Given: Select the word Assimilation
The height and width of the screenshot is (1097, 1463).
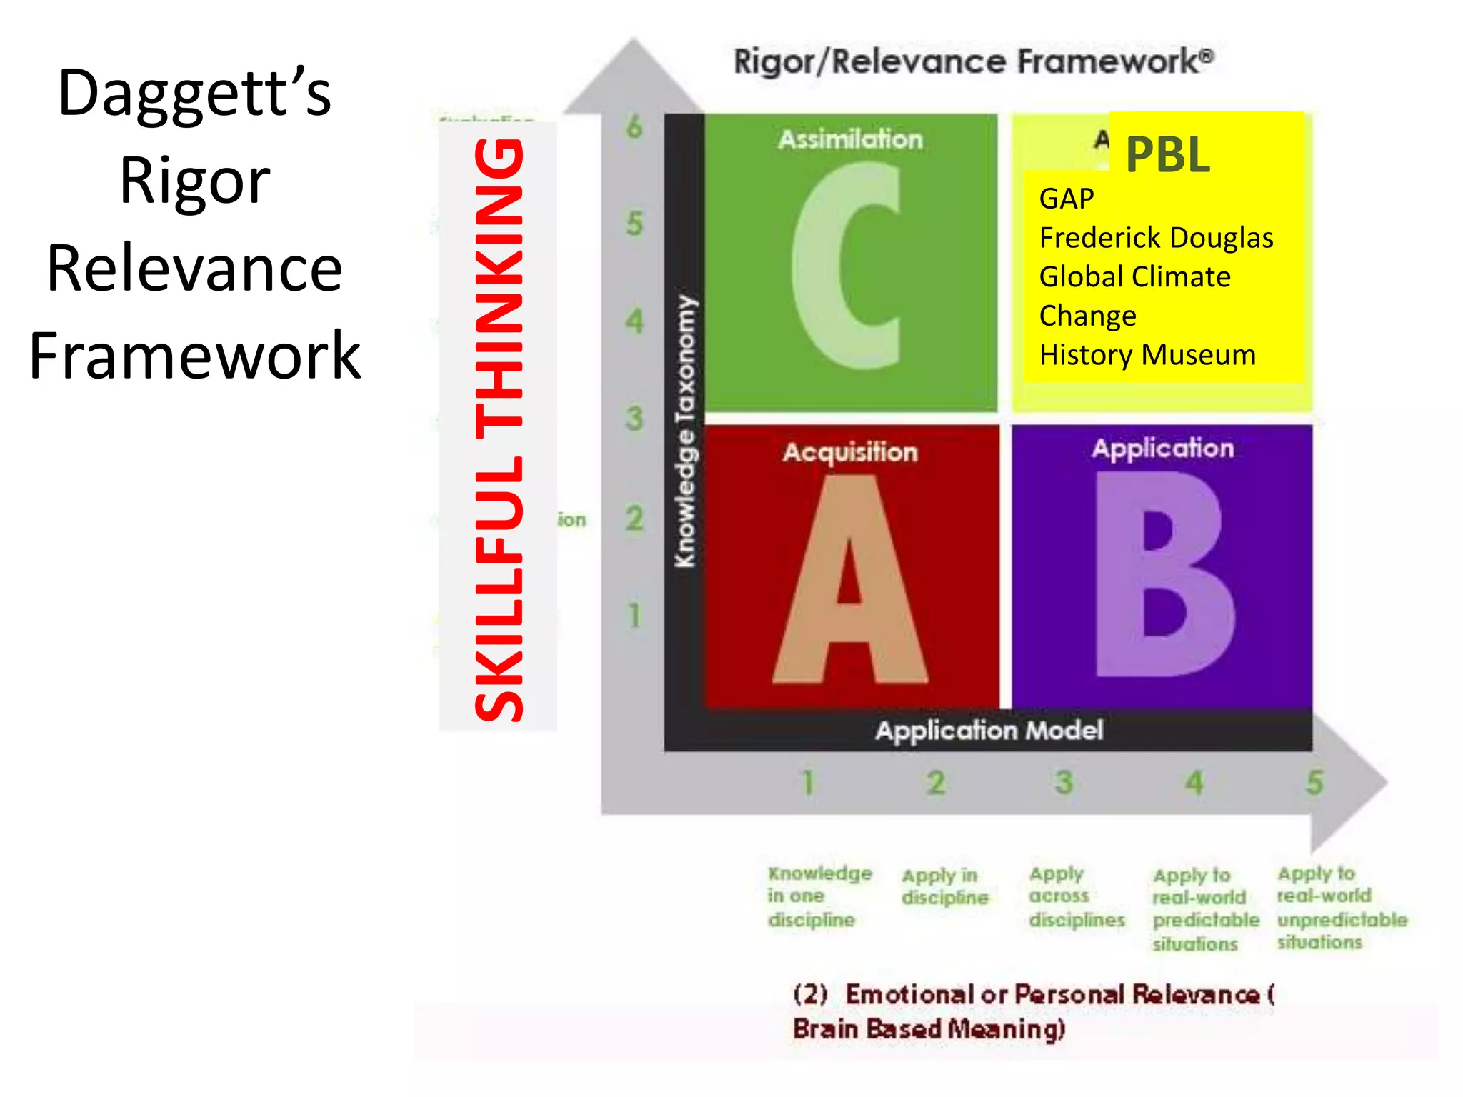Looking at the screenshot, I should coord(850,139).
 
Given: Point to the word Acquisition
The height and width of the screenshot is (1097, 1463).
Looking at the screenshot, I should coord(850,452).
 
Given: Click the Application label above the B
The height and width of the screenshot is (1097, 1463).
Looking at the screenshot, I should coord(1162,449).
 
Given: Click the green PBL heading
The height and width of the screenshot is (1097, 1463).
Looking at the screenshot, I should coord(1168,154).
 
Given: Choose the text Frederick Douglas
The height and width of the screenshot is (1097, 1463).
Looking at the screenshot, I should coord(1156,238).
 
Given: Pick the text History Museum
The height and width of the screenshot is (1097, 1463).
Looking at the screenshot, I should coord(1147,355).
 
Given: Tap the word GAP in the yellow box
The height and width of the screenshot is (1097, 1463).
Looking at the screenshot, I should coord(1066,199).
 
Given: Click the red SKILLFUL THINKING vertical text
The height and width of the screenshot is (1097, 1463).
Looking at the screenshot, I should coord(499,429).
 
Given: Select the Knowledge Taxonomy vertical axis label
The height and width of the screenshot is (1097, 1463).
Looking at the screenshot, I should coord(685,431).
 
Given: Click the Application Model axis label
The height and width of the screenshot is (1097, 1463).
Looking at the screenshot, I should coord(989,731).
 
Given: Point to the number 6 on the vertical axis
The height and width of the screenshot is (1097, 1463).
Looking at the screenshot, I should coord(634,127).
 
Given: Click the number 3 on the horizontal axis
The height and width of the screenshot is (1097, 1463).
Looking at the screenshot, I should coord(1064,783).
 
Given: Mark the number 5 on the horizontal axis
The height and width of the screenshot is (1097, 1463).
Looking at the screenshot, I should coord(1314,783).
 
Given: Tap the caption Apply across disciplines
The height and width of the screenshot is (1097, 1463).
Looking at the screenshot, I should coord(1076,896).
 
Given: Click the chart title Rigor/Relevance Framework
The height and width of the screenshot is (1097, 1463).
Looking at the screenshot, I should coord(973,61).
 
